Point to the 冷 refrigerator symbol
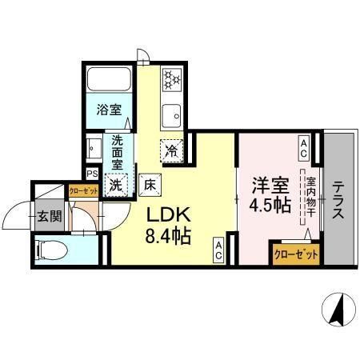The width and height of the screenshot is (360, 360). [x=170, y=149]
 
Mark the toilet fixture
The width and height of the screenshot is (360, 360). [x=53, y=249]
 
